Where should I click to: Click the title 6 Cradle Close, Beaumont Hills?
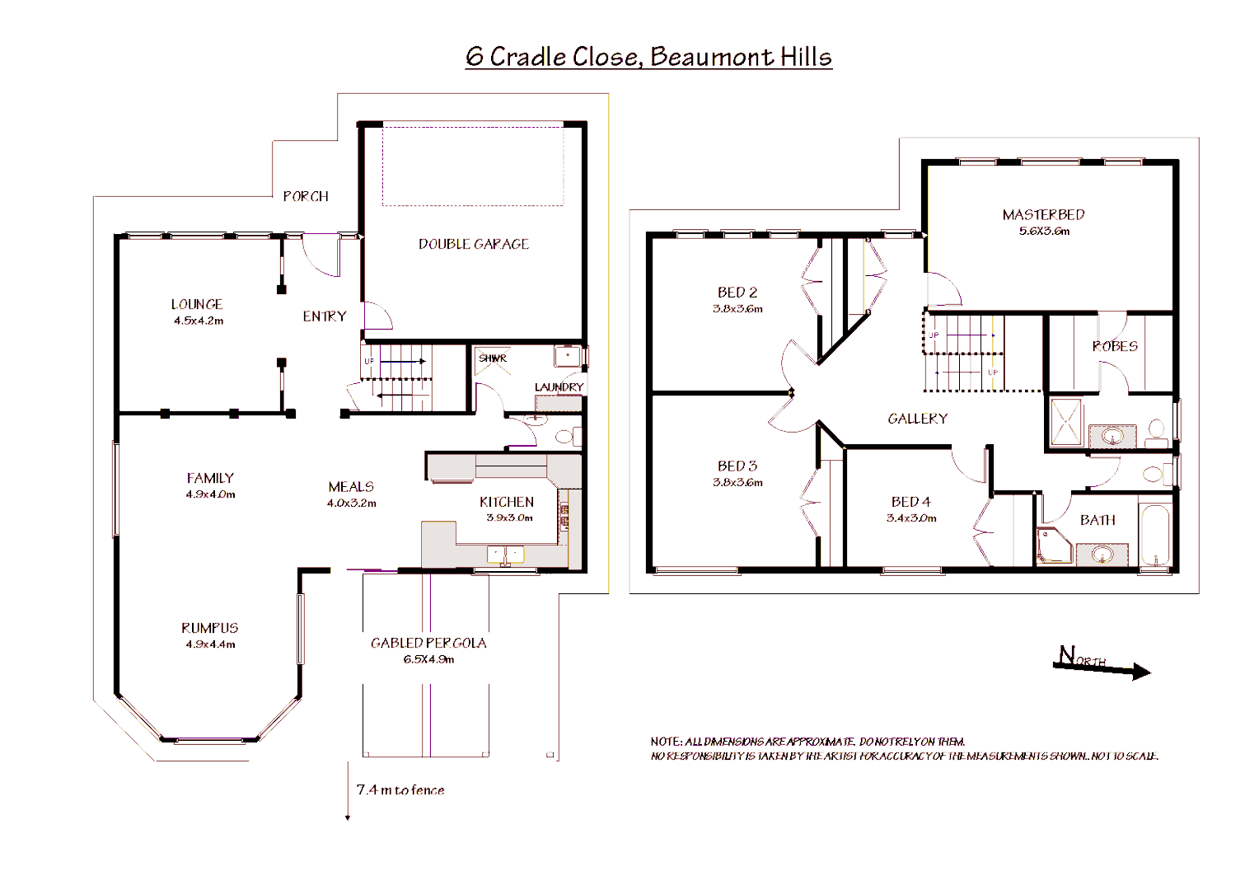pyautogui.click(x=648, y=57)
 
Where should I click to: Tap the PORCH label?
pyautogui.click(x=306, y=196)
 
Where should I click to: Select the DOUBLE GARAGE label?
pyautogui.click(x=474, y=244)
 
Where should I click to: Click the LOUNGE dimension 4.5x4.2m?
pyautogui.click(x=199, y=321)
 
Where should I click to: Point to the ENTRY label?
pyautogui.click(x=325, y=316)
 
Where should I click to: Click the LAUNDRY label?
pyautogui.click(x=559, y=386)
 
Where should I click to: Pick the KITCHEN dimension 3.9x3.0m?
pyautogui.click(x=509, y=518)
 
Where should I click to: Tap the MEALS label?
pyautogui.click(x=351, y=487)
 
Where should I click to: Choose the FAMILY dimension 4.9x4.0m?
pyautogui.click(x=210, y=494)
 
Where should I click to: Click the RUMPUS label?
pyautogui.click(x=210, y=628)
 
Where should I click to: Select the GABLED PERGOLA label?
pyautogui.click(x=428, y=643)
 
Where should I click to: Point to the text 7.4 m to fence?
pyautogui.click(x=400, y=789)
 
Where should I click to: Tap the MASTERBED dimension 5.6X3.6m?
pyautogui.click(x=1044, y=231)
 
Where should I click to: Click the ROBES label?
pyautogui.click(x=1115, y=346)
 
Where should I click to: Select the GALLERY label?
pyautogui.click(x=918, y=419)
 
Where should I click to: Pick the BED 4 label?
pyautogui.click(x=910, y=502)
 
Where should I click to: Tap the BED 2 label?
pyautogui.click(x=737, y=293)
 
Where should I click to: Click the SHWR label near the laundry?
pyautogui.click(x=493, y=358)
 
